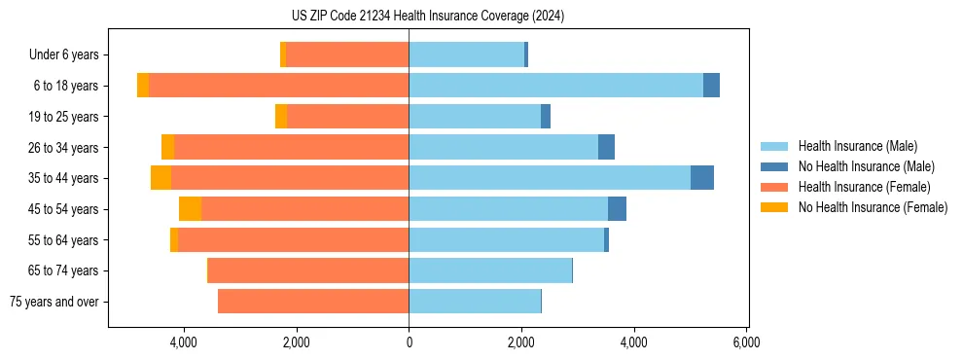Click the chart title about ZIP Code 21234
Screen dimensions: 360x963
427,17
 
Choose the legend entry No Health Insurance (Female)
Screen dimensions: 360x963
872,207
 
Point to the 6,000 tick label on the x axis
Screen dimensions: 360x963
746,342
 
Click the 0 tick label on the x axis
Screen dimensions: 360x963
409,342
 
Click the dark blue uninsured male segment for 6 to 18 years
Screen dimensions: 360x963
711,86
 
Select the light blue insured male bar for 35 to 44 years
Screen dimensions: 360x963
550,178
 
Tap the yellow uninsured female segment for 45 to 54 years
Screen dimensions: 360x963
190,209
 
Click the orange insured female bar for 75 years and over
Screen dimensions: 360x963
313,302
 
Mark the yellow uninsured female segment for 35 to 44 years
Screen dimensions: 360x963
160,178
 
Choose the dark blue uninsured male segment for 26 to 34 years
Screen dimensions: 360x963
606,147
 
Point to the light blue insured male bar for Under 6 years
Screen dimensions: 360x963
467,55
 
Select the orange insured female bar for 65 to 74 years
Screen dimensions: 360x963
308,270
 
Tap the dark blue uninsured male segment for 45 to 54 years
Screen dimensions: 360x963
617,209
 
